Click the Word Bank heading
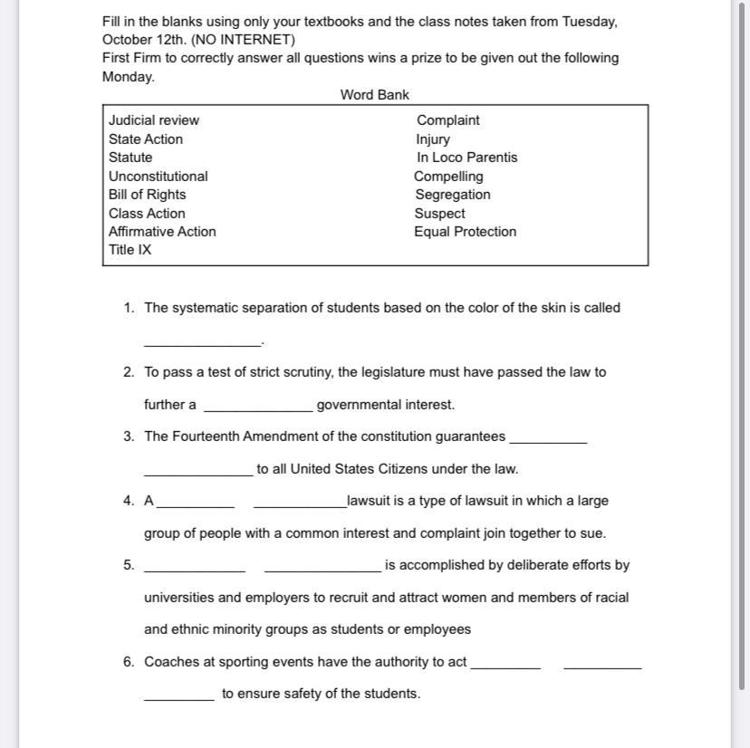click(374, 95)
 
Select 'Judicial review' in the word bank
click(154, 120)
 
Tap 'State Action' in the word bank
click(146, 139)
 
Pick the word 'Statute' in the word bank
click(130, 158)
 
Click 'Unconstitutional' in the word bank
click(158, 177)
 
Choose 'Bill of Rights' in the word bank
click(147, 195)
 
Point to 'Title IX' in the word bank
click(130, 250)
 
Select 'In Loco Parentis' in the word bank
click(466, 158)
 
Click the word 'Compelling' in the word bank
click(448, 177)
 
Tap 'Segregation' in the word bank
click(452, 195)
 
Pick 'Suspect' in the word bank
click(439, 214)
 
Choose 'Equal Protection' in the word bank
click(465, 232)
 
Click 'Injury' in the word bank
click(433, 139)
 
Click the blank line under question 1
click(202, 342)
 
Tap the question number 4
click(129, 501)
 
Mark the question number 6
click(129, 662)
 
